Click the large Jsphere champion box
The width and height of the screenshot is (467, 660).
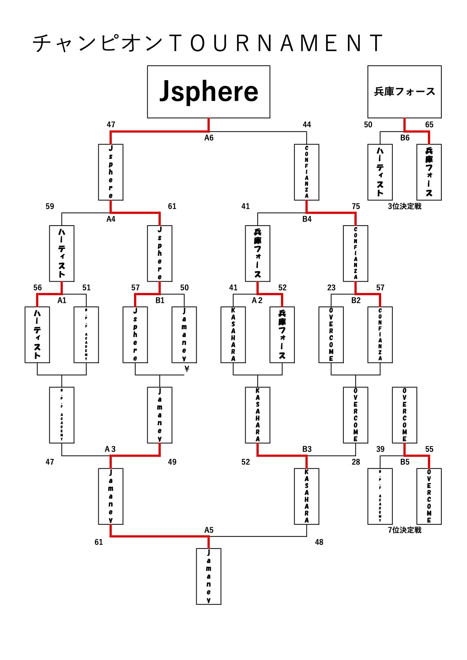point(208,92)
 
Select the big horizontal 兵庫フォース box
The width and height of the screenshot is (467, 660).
point(404,92)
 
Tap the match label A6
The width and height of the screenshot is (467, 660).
point(209,138)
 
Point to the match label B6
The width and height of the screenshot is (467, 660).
point(404,138)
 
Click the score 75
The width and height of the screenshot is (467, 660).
point(356,206)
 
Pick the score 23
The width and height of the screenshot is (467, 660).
point(331,288)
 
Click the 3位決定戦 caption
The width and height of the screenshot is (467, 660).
point(404,206)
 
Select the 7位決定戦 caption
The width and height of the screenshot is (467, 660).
point(404,530)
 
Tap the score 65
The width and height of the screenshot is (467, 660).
point(429,125)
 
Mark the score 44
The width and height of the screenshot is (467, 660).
point(307,125)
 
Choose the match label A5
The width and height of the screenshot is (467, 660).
point(209,530)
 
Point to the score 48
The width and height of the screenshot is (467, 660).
point(319,542)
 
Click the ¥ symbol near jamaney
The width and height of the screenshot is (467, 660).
point(186,369)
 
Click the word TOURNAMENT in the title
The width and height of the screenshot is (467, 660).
point(276,43)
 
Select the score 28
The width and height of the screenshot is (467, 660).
point(356,462)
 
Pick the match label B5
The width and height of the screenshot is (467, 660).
point(404,462)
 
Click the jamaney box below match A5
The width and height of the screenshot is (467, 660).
point(209,576)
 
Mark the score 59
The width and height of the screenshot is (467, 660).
point(50,206)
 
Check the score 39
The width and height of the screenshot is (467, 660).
point(380,449)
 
